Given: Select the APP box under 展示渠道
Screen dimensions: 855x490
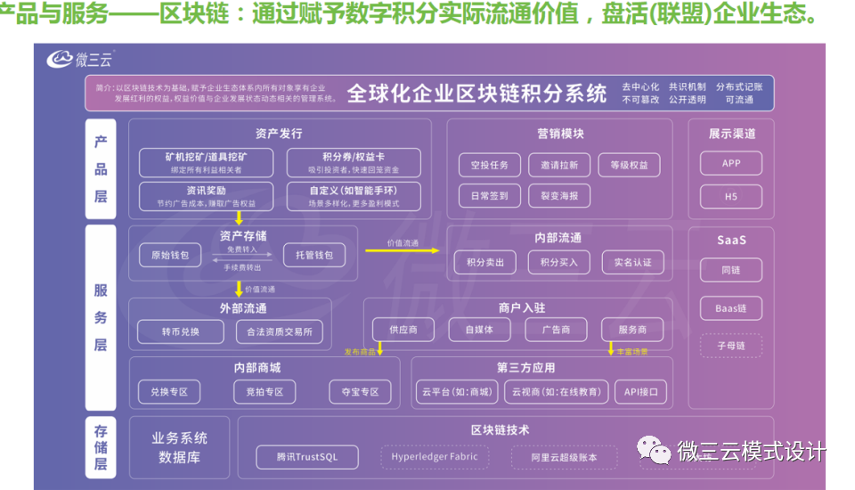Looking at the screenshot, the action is point(730,164).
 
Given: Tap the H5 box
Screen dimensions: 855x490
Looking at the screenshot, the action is point(730,196).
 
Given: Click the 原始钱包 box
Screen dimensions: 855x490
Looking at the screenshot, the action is point(170,255).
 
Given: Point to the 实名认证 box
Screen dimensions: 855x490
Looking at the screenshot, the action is point(632,262).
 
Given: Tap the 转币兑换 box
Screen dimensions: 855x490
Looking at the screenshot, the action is point(181,332).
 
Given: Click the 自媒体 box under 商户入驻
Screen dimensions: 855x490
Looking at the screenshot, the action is point(478,329).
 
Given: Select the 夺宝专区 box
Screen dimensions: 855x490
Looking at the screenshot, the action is point(354,391).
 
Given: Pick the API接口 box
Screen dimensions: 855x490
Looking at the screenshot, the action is point(640,391).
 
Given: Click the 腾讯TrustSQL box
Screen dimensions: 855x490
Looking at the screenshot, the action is point(308,457).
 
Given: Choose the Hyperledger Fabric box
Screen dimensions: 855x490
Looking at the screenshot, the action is point(435,457).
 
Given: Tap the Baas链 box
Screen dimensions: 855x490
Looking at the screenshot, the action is point(730,308).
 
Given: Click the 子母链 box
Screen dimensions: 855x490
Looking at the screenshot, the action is point(730,345).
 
